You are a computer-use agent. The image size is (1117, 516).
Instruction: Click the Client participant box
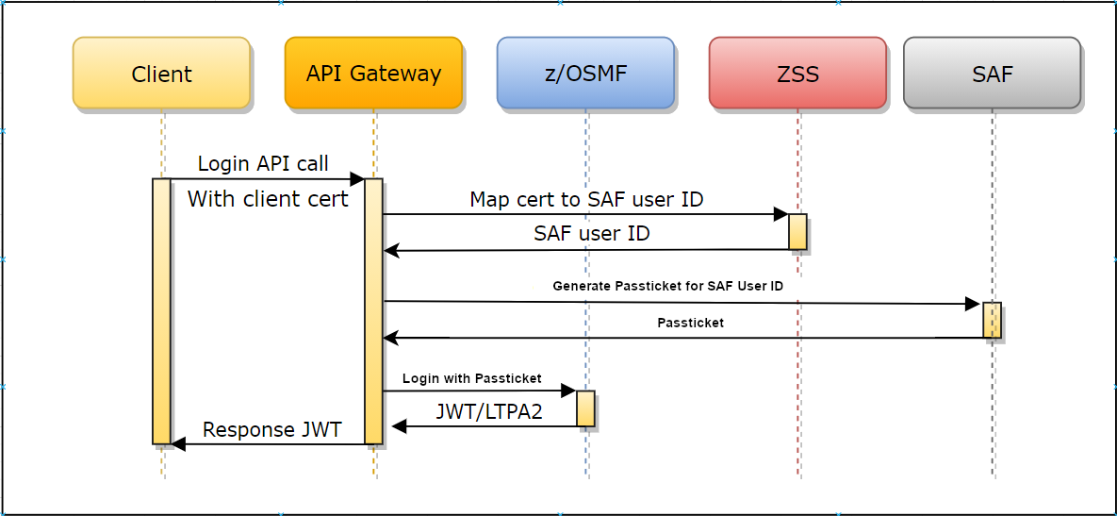(161, 74)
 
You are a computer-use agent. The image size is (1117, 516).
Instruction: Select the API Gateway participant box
(373, 74)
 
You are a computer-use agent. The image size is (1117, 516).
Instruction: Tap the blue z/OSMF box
(585, 74)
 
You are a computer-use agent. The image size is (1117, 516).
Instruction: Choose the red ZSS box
(797, 74)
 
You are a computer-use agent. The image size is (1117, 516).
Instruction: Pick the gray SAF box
(992, 74)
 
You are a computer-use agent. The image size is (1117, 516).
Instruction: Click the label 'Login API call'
(263, 163)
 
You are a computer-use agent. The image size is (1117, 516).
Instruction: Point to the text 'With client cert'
(268, 199)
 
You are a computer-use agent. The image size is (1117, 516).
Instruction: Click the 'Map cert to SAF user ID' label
(586, 200)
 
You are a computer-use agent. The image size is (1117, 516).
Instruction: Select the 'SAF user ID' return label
(591, 233)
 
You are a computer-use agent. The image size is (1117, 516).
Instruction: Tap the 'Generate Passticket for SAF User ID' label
(667, 286)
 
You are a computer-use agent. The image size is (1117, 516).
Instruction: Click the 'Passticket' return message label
(690, 323)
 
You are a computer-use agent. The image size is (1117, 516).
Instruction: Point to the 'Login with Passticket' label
(471, 378)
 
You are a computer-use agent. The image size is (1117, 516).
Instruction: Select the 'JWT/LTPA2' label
(489, 411)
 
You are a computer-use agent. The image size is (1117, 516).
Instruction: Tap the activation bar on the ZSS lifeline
(797, 231)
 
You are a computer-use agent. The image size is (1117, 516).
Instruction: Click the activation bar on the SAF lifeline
(992, 320)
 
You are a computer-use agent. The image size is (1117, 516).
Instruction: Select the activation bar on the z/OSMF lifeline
(585, 408)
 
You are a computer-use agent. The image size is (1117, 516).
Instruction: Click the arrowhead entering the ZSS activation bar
(781, 214)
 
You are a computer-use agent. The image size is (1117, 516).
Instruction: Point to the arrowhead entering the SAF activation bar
(973, 304)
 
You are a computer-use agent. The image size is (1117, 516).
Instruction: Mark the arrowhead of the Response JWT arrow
(178, 444)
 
